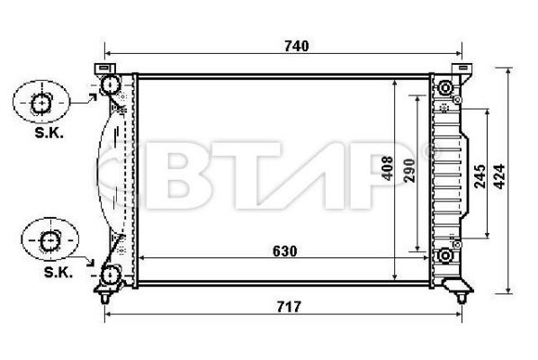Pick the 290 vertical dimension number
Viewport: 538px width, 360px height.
(409, 171)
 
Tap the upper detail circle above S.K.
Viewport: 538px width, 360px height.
(40, 103)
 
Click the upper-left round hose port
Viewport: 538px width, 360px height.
(111, 86)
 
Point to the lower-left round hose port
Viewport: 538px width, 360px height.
(111, 274)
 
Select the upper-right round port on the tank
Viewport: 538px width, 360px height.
(444, 88)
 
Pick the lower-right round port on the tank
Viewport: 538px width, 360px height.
(444, 257)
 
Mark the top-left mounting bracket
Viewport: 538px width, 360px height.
(105, 68)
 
